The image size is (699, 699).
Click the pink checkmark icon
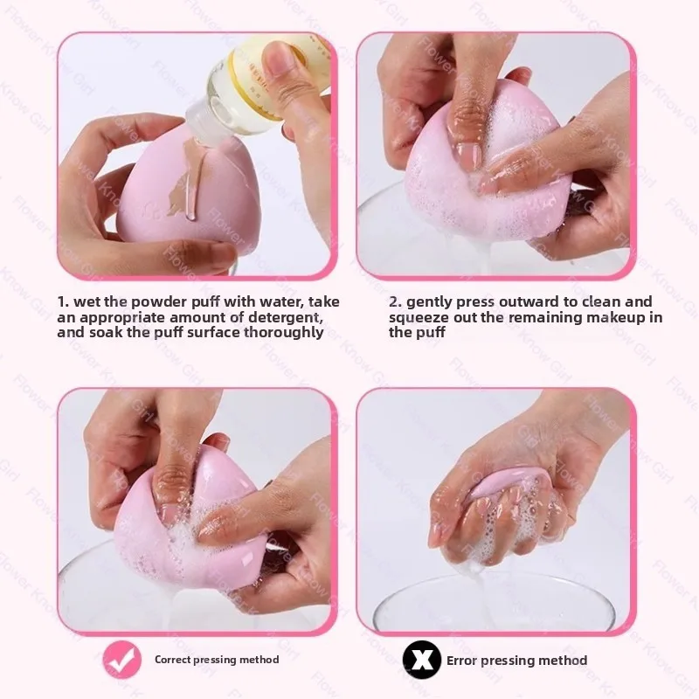click(x=121, y=660)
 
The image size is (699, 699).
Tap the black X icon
click(x=422, y=660)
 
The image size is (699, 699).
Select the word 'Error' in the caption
click(x=462, y=661)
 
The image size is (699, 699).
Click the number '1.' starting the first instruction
click(x=63, y=301)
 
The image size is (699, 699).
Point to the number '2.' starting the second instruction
click(x=395, y=301)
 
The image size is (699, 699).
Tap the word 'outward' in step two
click(x=534, y=301)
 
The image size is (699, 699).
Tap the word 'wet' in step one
click(x=90, y=301)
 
